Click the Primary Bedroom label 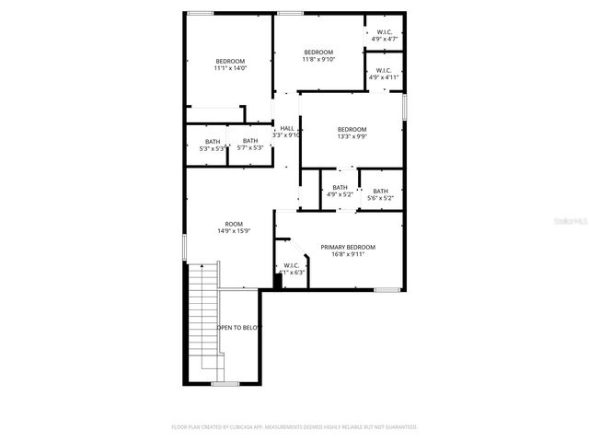pos(348,247)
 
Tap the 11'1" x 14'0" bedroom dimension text pos(230,68)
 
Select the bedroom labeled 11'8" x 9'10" pos(318,55)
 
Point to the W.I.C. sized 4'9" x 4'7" pos(384,36)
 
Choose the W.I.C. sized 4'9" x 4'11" pos(384,74)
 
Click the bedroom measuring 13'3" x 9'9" pos(352,133)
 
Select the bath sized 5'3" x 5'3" pos(213,145)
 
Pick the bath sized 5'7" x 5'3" pos(250,145)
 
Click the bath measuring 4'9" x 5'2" pos(340,191)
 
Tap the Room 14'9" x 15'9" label pos(234,227)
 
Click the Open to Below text pos(239,327)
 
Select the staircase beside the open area pos(202,318)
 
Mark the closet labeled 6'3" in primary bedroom pos(293,272)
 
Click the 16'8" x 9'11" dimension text pos(348,254)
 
